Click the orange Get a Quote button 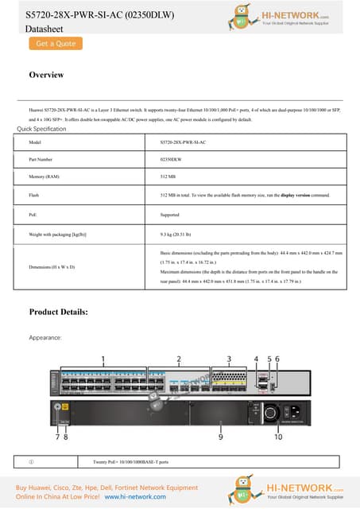(56, 44)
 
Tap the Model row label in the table (34, 142)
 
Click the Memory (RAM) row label (44, 176)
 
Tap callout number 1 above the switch (103, 359)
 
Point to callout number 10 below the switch (278, 437)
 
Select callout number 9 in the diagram (220, 437)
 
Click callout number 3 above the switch (230, 359)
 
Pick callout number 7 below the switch (57, 437)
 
